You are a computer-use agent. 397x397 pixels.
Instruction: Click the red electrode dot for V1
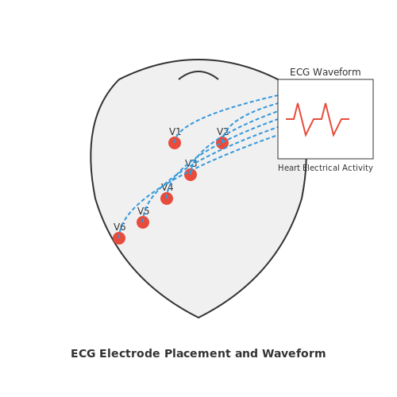tap(175, 143)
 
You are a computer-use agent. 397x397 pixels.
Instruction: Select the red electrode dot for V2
tap(222, 143)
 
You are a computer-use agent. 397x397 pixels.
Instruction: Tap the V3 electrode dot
tap(191, 175)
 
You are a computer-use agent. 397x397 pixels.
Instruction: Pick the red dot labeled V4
tap(167, 198)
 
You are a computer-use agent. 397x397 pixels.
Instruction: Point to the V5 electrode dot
tap(143, 222)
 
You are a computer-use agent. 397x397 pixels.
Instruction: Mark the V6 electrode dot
tap(119, 238)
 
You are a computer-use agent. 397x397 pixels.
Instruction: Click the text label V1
tap(175, 132)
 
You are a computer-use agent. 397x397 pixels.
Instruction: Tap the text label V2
tap(222, 132)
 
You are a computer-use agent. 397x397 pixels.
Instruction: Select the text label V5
tap(143, 211)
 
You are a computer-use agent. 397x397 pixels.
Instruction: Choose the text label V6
tap(119, 227)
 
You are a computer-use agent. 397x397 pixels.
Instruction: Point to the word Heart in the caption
tap(289, 168)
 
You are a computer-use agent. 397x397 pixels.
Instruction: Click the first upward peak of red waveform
tap(298, 103)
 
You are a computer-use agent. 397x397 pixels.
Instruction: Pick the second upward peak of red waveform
tap(326, 103)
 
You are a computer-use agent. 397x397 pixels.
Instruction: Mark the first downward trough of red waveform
tap(306, 135)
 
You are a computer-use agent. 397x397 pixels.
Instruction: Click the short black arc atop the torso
tap(198, 71)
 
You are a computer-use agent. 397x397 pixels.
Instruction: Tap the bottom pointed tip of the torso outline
tap(198, 318)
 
